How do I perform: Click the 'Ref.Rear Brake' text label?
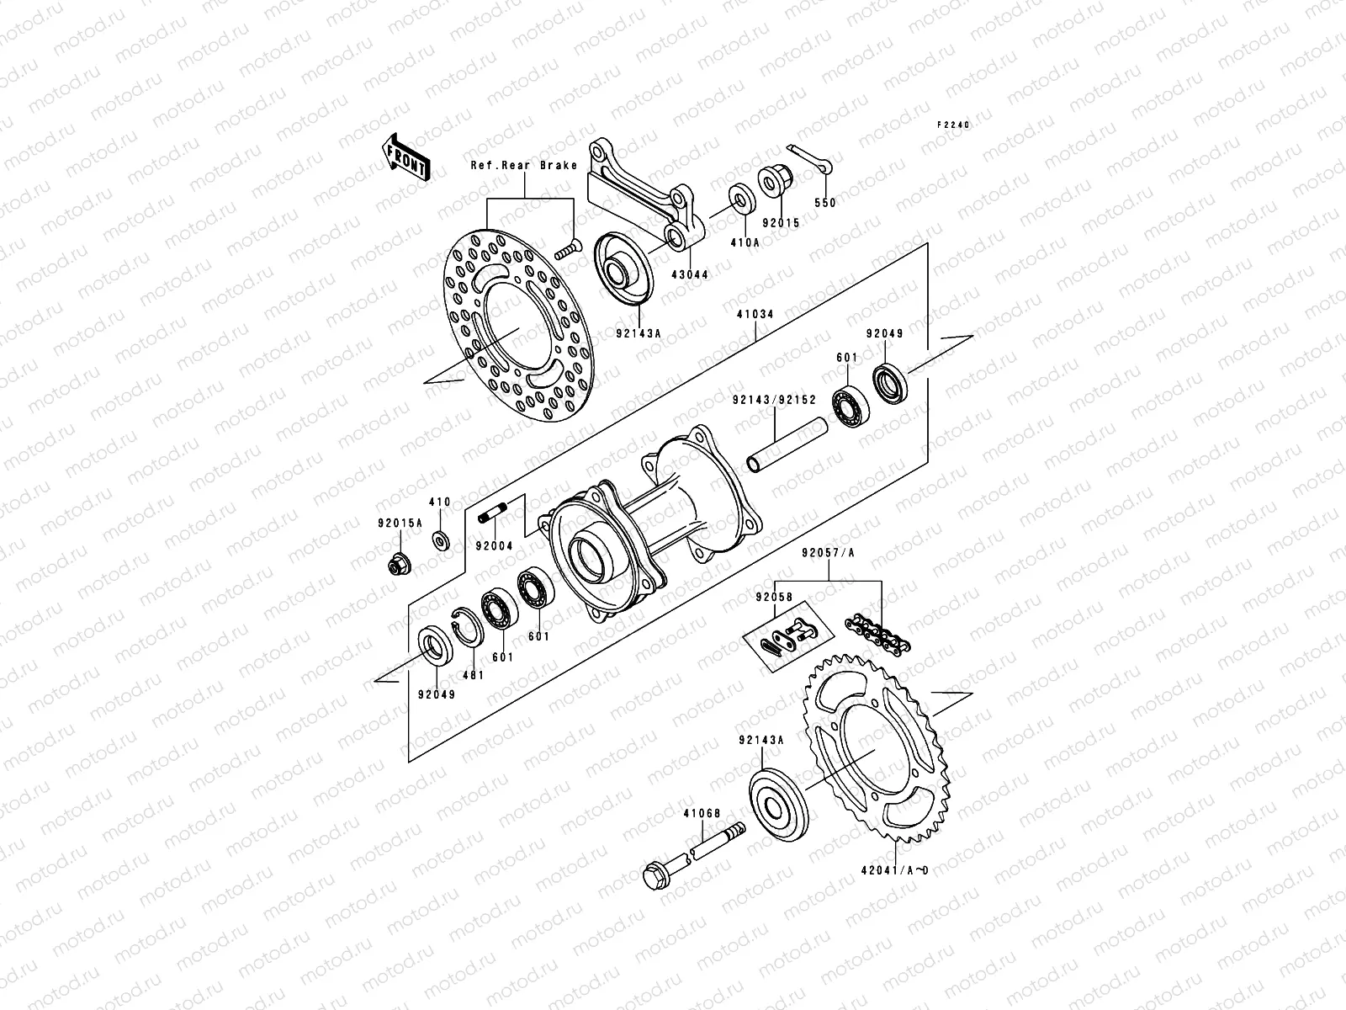coord(523,166)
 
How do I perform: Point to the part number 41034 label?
coord(756,314)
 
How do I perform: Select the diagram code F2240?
coord(954,125)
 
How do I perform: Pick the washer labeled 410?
coord(441,539)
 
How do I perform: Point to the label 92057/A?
coord(828,553)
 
